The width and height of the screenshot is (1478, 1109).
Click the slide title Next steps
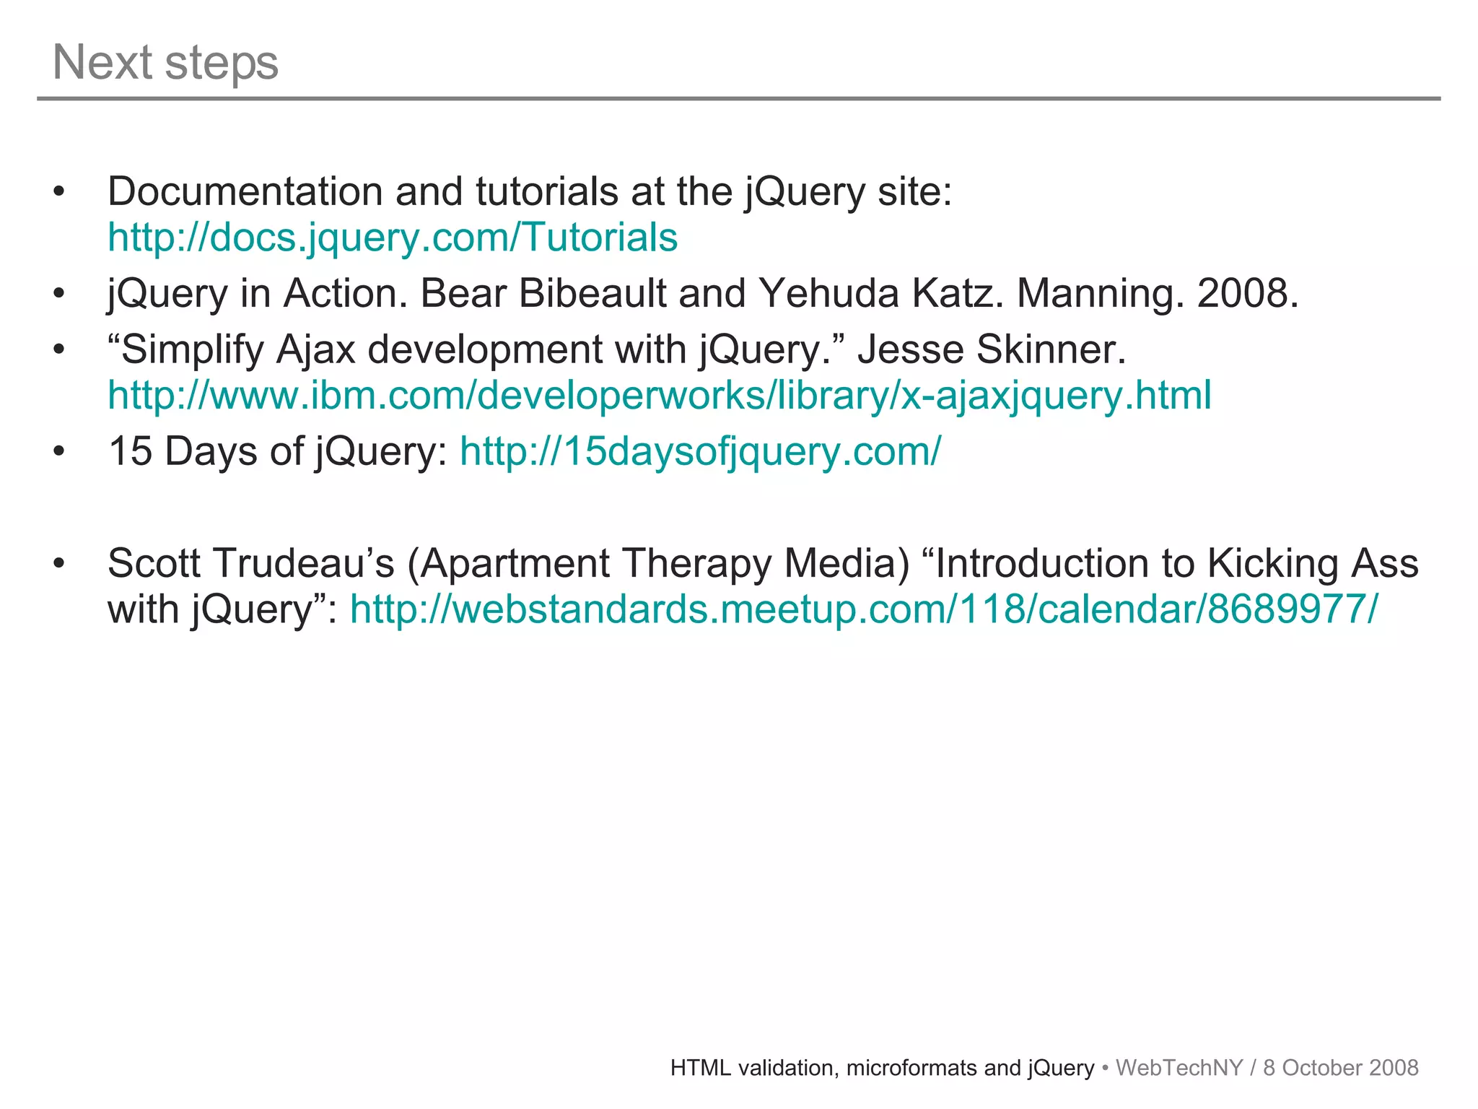(x=165, y=63)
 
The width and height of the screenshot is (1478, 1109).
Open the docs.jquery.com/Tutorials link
(x=393, y=238)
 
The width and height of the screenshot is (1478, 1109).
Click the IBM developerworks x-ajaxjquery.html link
(x=659, y=396)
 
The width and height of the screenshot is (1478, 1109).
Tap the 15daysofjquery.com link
(x=700, y=452)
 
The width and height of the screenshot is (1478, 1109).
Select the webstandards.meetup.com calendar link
(x=864, y=609)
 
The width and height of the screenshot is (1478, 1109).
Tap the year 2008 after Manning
(x=1246, y=294)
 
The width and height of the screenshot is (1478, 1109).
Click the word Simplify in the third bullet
(x=191, y=350)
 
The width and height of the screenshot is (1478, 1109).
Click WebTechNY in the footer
(x=1179, y=1068)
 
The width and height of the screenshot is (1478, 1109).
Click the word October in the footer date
(x=1316, y=1068)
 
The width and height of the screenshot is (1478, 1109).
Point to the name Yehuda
(x=828, y=294)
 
